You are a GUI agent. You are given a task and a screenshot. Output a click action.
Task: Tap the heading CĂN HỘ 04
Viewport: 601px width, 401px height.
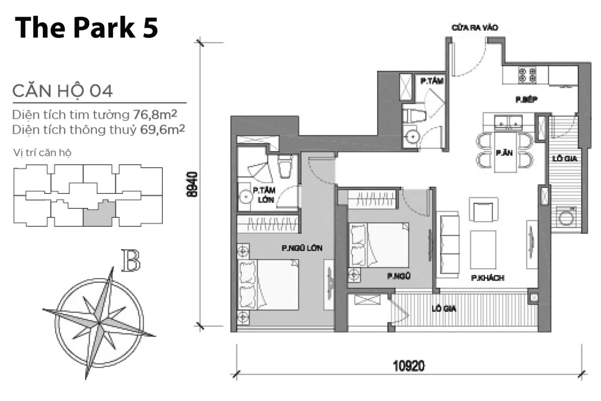(x=62, y=91)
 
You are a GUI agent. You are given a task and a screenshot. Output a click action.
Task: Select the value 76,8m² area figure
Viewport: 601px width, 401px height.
(x=155, y=115)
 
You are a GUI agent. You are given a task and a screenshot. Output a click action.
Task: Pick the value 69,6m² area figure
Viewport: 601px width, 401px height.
(x=162, y=129)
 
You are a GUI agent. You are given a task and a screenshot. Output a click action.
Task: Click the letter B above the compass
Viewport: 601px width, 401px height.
(x=131, y=260)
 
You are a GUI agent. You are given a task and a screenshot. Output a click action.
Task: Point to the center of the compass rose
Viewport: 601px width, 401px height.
(x=99, y=323)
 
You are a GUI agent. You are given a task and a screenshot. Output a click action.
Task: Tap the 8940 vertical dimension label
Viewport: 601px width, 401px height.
(x=193, y=184)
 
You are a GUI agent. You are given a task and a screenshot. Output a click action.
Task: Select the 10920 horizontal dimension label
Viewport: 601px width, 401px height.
(x=409, y=366)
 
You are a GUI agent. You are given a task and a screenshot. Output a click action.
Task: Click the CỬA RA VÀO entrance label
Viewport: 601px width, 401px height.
(x=475, y=28)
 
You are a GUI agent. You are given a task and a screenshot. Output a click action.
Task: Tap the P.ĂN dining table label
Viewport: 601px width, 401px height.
(x=504, y=153)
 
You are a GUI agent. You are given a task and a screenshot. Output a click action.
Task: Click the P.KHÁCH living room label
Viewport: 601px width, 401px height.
(x=488, y=278)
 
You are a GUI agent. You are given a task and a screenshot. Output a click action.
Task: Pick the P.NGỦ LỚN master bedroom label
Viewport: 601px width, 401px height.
(x=302, y=248)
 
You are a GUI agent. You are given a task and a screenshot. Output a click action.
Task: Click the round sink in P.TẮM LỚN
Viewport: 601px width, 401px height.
(x=246, y=197)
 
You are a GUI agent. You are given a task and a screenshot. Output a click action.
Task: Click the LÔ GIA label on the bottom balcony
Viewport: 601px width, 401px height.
(x=444, y=309)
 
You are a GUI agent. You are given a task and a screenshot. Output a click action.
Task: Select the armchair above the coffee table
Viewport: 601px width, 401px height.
(x=483, y=209)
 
